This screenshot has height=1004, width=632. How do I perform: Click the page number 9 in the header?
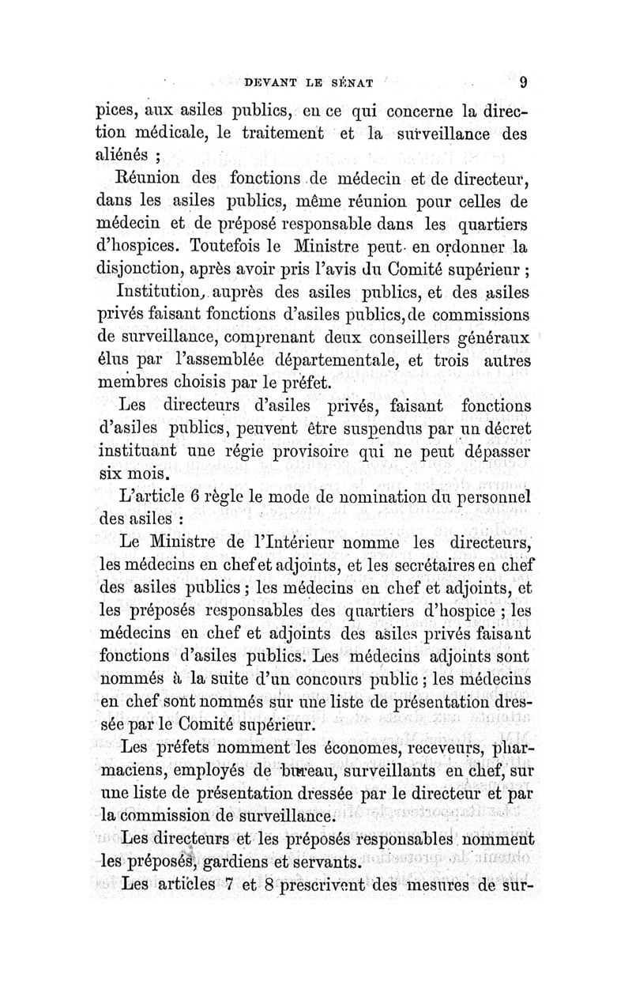tap(523, 81)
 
